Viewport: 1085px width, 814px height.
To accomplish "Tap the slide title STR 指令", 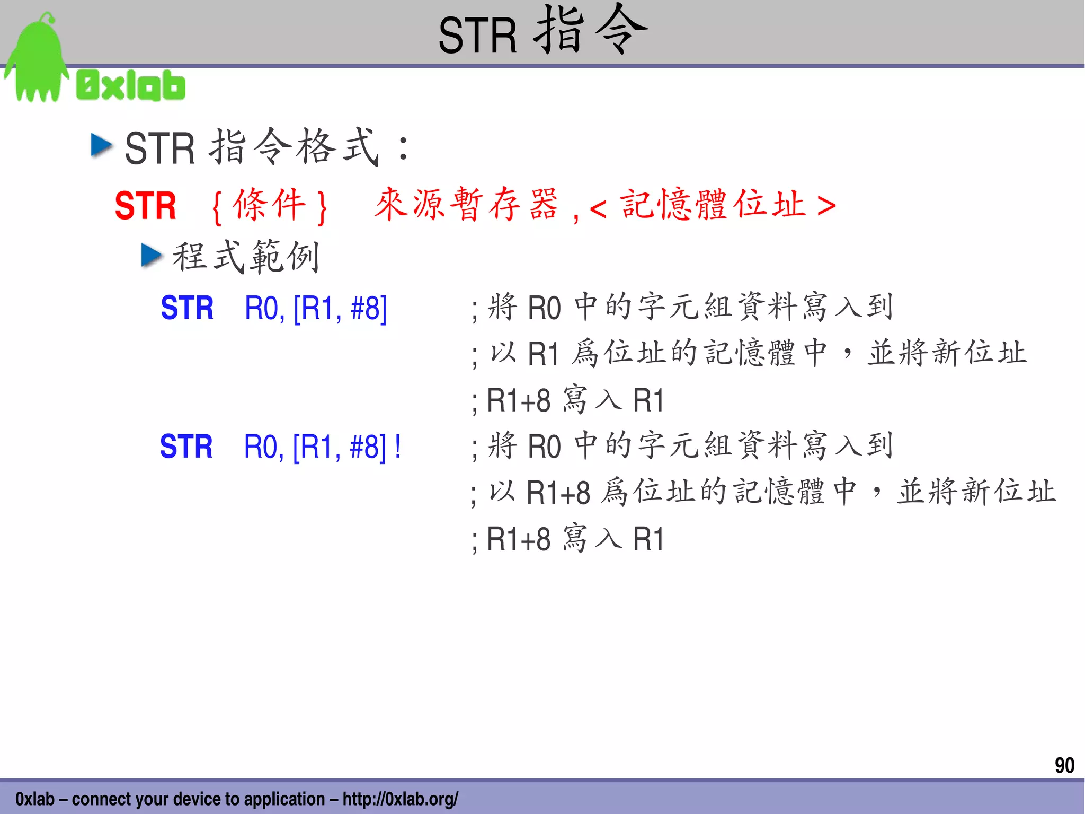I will point(542,32).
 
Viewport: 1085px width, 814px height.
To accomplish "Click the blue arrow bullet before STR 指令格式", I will point(101,145).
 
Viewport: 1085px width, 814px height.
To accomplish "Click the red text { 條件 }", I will point(269,206).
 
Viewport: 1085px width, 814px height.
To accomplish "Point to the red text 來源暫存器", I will point(466,205).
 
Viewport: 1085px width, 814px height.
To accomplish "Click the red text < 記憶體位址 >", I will point(713,206).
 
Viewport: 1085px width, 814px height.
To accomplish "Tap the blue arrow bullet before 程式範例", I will point(152,256).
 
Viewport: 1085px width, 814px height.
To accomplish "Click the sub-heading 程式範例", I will point(246,257).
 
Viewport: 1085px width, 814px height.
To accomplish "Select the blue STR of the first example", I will point(187,308).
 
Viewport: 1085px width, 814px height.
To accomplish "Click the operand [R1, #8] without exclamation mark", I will point(340,308).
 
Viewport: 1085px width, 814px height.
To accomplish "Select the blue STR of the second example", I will point(186,447).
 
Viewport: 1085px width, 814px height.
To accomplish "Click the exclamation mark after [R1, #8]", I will point(398,447).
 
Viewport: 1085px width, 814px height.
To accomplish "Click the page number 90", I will point(1064,765).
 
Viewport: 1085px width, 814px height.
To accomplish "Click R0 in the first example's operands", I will point(263,308).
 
